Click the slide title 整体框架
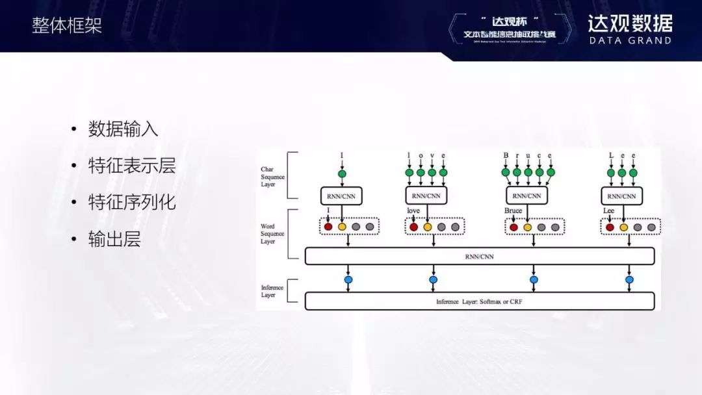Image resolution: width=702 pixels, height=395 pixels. tap(67, 25)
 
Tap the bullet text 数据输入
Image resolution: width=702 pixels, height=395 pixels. tap(123, 129)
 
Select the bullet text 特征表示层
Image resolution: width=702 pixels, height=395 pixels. tap(132, 166)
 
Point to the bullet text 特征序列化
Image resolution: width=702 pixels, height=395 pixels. tap(132, 202)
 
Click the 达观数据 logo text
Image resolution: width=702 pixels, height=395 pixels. tap(630, 23)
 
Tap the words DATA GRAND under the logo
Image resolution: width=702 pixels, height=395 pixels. tap(630, 40)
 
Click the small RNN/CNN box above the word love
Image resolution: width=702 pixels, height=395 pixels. tap(426, 195)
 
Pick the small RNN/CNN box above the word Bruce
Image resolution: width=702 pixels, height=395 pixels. tap(527, 195)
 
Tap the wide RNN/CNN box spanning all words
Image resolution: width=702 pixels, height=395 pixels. tap(479, 256)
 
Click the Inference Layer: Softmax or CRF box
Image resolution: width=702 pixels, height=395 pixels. tap(479, 301)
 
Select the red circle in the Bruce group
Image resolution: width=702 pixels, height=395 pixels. tap(513, 227)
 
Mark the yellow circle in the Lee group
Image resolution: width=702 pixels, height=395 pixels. tap(623, 227)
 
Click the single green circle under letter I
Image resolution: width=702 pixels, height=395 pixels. tap(342, 173)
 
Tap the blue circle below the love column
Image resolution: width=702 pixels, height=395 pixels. tap(434, 279)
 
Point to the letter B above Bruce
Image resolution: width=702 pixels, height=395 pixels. tap(506, 156)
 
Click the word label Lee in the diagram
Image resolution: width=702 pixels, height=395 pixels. tap(608, 211)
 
